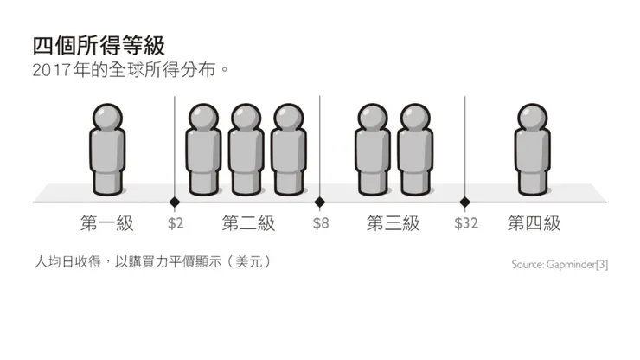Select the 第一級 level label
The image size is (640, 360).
[x=107, y=224]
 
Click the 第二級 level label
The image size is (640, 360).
[x=248, y=224]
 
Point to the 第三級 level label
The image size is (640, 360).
[x=393, y=224]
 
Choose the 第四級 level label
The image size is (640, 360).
[x=534, y=224]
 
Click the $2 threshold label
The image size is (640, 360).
[x=175, y=224]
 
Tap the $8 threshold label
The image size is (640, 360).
[x=320, y=224]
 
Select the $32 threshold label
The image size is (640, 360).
[x=465, y=224]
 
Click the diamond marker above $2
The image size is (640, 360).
[x=175, y=202]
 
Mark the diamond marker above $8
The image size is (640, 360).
[x=320, y=202]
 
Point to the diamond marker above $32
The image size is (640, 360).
[x=465, y=202]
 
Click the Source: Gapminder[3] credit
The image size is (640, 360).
[x=559, y=265]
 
